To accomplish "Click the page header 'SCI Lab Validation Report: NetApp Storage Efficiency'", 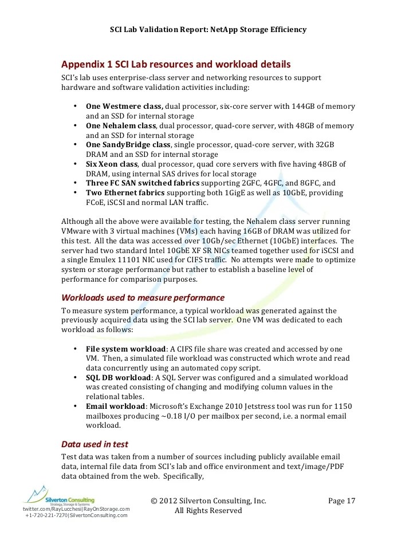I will [x=208, y=30].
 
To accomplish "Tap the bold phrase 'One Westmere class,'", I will [x=124, y=107].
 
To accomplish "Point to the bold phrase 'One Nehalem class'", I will [x=120, y=125].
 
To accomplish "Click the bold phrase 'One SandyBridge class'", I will [x=128, y=145].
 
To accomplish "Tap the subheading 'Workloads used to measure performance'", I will [x=143, y=298].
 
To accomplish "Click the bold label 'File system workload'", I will [x=125, y=349].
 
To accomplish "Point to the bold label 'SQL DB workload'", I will [x=118, y=378].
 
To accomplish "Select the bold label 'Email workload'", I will [x=115, y=407].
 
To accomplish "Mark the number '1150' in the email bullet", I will [x=343, y=407].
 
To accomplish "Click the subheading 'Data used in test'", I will [x=95, y=444].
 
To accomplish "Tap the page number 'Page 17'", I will [x=342, y=500].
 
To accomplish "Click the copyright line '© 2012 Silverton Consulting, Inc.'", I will [x=208, y=500].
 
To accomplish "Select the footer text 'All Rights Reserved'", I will [x=208, y=510].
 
